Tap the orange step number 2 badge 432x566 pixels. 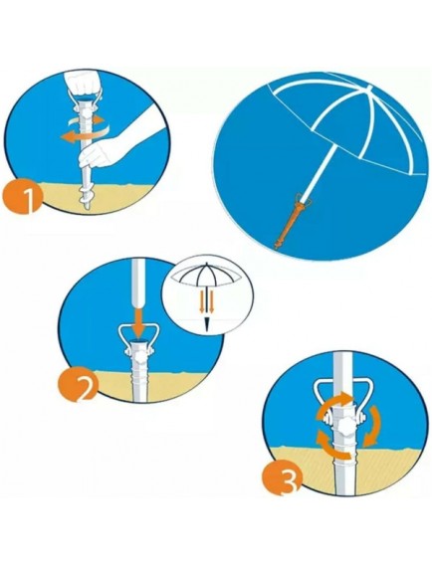78,387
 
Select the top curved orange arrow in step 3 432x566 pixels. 334,404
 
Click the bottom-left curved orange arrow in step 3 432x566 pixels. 332,447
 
